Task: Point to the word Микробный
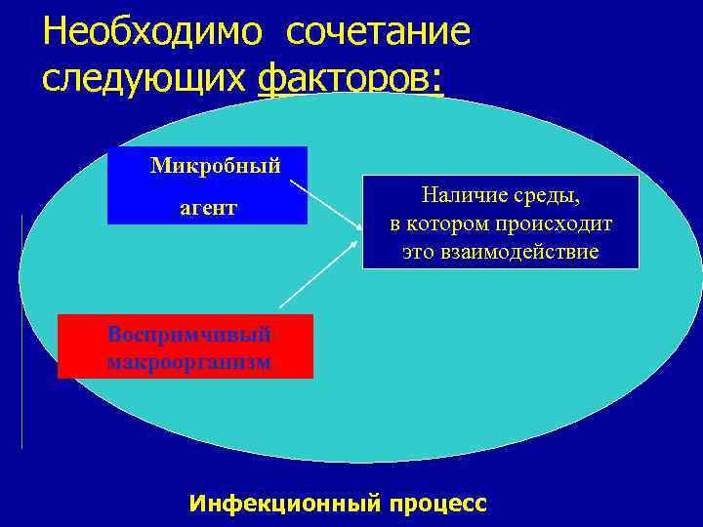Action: point(215,165)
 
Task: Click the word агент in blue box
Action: point(207,209)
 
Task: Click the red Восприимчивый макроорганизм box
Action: point(186,346)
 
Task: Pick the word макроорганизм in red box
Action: point(189,362)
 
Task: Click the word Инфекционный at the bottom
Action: point(285,504)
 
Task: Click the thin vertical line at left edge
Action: point(21,332)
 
